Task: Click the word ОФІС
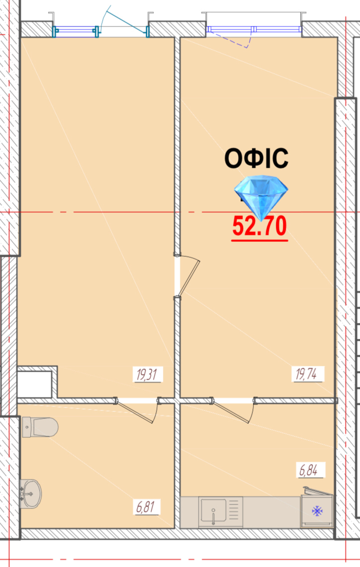[x=256, y=158]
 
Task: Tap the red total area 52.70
[x=259, y=225]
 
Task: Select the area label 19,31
[x=147, y=375]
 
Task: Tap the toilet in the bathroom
[x=40, y=427]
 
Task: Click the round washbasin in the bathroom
[x=31, y=494]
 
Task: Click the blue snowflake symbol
[x=317, y=511]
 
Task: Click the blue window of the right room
[x=254, y=29]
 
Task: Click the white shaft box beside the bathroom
[x=34, y=384]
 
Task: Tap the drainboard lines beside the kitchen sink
[x=234, y=510]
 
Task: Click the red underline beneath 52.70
[x=259, y=240]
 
